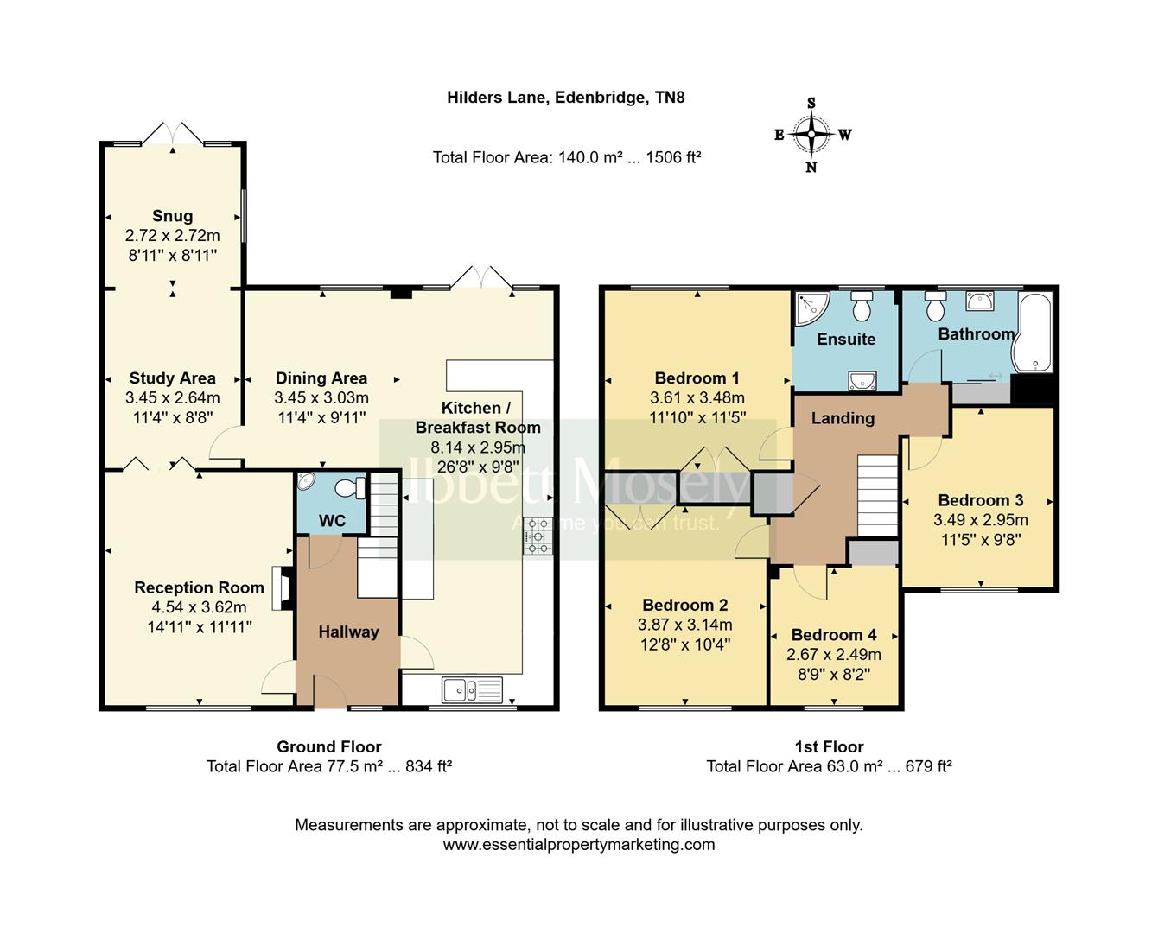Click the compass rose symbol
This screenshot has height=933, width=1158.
pos(811,135)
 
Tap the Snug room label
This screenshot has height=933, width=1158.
pos(172,216)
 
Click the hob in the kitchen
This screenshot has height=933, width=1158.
pos(538,536)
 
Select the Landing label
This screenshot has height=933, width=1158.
pos(843,418)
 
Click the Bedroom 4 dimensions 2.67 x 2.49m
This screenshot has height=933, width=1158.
pos(834,655)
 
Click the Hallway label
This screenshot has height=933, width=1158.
pos(348,632)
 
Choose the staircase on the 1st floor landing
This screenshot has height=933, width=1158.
pos(878,496)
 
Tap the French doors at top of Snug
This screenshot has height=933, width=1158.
pos(174,134)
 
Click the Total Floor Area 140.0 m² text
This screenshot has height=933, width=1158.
pos(566,157)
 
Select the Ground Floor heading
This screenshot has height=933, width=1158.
pos(328,746)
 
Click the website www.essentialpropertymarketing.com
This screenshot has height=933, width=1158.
pos(579,845)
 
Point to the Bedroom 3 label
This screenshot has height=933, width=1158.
pos(981,500)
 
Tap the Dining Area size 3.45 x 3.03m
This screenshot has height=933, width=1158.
pos(321,398)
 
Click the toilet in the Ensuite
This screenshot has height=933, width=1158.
pos(862,307)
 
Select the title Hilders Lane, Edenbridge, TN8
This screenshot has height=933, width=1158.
pos(566,98)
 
